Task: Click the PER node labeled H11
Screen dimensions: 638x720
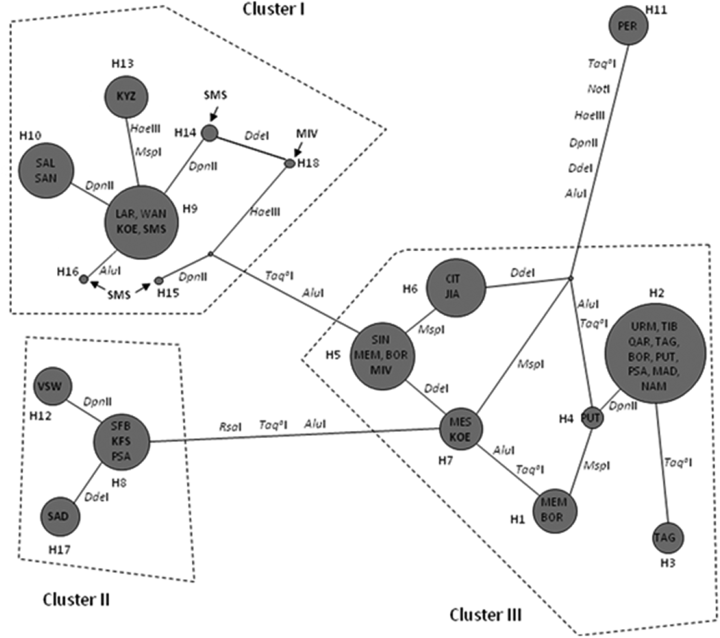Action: (x=628, y=25)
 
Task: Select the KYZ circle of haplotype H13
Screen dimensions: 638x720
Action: (x=126, y=97)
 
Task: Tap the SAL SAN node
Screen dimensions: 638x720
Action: (x=46, y=171)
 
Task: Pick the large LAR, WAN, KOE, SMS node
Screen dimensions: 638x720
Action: (x=141, y=222)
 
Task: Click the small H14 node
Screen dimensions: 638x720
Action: (x=209, y=133)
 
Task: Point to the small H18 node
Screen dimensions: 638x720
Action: (x=290, y=163)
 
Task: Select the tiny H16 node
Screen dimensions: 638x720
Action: (x=84, y=279)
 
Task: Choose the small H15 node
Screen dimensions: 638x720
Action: (x=159, y=281)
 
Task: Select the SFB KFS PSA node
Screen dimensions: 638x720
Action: (x=121, y=441)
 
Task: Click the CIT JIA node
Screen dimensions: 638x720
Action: (x=456, y=287)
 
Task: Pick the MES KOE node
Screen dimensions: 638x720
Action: (x=460, y=429)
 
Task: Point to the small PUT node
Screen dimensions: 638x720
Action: (x=591, y=417)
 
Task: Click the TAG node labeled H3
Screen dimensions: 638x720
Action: (x=667, y=538)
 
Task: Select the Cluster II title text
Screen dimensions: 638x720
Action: (x=76, y=599)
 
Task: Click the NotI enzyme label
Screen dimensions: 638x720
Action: (x=598, y=89)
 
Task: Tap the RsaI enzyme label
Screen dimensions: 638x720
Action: (x=230, y=427)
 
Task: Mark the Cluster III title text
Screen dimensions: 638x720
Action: (x=485, y=614)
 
